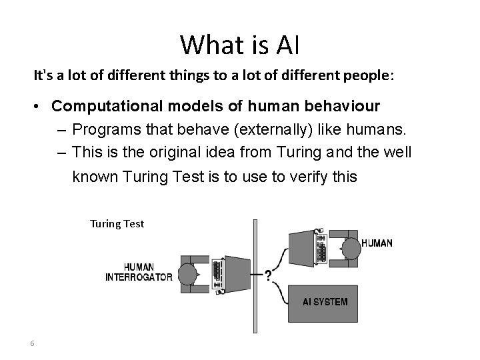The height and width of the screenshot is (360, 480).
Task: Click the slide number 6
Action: point(32,343)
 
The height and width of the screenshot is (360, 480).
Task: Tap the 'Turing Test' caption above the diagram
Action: point(117,224)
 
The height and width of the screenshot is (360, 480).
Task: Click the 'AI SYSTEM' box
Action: point(325,302)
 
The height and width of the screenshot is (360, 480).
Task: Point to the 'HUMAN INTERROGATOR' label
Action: point(139,272)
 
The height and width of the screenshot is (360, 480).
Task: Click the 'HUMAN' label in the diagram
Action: point(377,243)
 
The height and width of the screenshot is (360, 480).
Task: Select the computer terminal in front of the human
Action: point(310,247)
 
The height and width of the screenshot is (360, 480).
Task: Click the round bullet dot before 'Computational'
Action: point(41,107)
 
